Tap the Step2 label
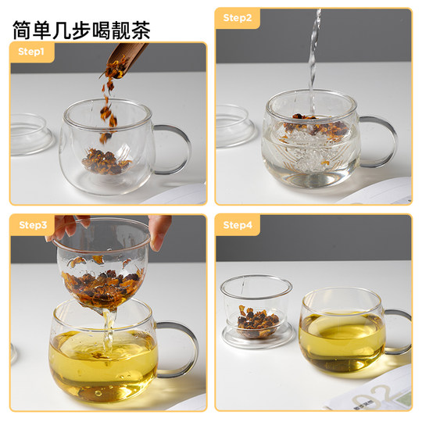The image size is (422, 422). tap(238, 18)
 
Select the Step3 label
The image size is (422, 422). tap(32, 226)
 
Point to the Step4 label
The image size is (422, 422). tap(238, 226)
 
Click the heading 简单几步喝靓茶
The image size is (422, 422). tap(81, 29)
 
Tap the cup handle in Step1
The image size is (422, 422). tap(176, 148)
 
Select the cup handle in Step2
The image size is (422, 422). tap(383, 141)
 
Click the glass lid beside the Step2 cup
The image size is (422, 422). tap(234, 125)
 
